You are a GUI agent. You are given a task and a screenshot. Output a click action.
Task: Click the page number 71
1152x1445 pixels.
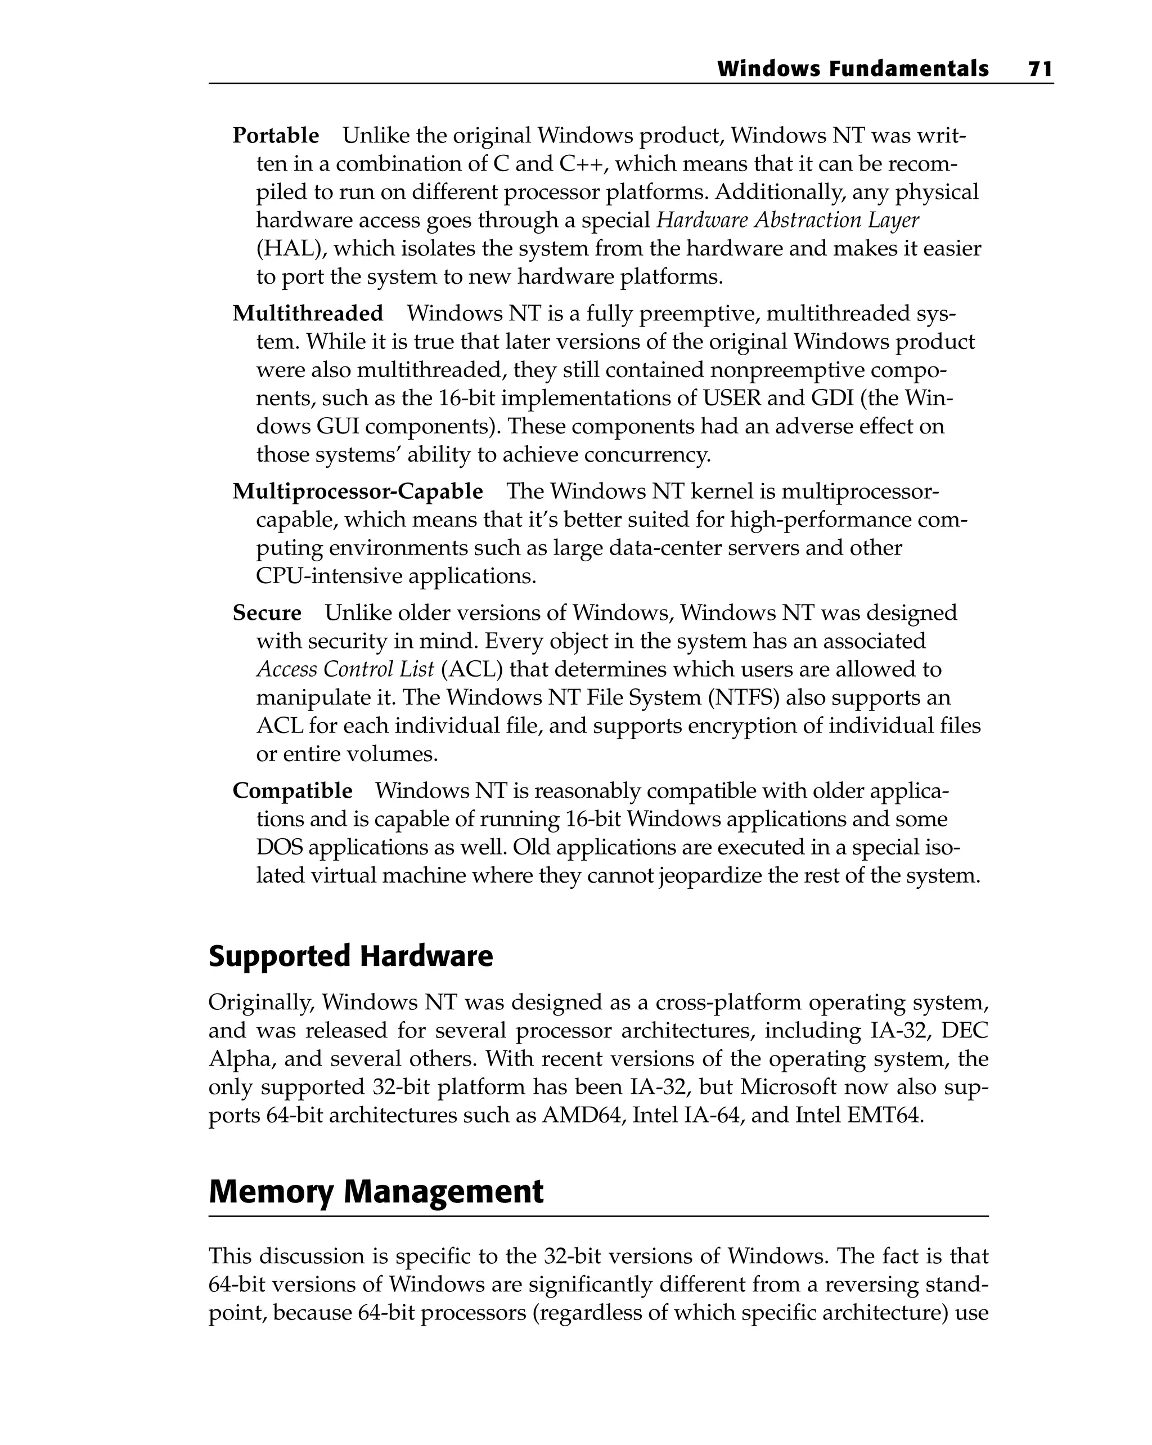point(1040,69)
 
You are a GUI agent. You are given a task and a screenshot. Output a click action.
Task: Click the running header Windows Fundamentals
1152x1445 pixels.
point(852,69)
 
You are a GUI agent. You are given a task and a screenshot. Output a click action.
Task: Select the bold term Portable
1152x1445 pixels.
point(276,136)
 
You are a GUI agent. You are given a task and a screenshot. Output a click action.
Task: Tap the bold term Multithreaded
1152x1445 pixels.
point(308,314)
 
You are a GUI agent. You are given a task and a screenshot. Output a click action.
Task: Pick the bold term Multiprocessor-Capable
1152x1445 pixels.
point(358,491)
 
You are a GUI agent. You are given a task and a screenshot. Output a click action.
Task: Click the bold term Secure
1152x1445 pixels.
point(267,612)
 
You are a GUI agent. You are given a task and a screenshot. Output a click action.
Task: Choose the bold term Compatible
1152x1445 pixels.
point(292,791)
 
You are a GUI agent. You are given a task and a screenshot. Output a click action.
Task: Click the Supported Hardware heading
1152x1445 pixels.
point(350,956)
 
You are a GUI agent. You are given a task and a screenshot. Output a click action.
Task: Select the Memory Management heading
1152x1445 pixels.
point(376,1192)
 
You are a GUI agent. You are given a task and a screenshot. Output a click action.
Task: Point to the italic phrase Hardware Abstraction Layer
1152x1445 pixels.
point(787,221)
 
